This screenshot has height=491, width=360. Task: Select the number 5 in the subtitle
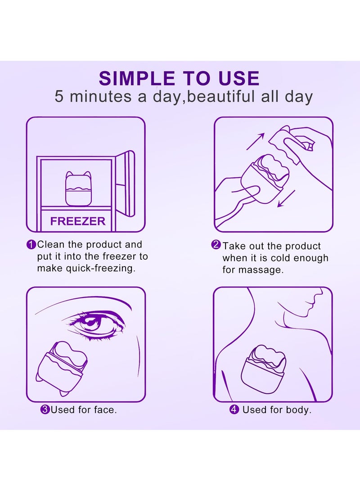click(59, 97)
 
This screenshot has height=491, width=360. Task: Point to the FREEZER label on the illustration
click(78, 221)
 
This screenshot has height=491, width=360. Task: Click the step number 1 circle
click(31, 245)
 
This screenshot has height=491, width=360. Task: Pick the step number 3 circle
click(45, 410)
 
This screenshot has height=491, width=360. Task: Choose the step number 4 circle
click(234, 410)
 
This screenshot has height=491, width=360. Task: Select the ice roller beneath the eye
click(60, 365)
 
